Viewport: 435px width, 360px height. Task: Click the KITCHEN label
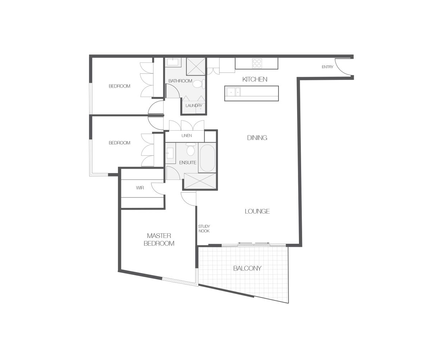pos(254,79)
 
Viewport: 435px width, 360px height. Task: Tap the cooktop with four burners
pos(257,63)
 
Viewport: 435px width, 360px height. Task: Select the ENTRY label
pos(327,67)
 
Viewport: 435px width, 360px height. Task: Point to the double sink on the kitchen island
pos(234,92)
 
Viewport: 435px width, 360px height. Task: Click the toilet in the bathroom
pos(198,84)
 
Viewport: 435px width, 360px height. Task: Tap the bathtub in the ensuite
pos(207,158)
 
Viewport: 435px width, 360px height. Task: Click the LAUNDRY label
pos(194,106)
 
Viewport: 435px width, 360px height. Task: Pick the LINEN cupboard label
pos(187,136)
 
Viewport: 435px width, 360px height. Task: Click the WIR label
pos(140,188)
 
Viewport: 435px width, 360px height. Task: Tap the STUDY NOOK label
pos(204,229)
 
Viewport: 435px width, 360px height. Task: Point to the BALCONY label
pos(247,268)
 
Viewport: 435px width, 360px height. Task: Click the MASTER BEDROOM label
pos(159,240)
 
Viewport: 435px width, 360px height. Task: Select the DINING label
pos(257,138)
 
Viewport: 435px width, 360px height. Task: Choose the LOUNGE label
pos(257,211)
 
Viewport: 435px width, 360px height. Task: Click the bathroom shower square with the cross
pos(196,66)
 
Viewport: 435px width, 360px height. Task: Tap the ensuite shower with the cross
pos(200,181)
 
